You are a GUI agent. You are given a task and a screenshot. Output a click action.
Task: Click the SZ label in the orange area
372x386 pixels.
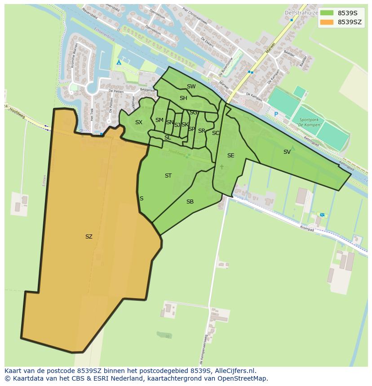(89, 236)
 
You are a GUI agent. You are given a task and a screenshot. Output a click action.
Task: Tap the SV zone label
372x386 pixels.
(287, 152)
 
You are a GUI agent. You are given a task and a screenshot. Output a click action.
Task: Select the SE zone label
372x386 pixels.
(230, 156)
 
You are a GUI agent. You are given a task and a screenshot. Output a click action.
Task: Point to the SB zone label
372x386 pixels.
(190, 202)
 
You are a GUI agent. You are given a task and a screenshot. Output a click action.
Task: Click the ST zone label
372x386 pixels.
(168, 176)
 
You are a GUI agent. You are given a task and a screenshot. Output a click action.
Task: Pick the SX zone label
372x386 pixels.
(138, 122)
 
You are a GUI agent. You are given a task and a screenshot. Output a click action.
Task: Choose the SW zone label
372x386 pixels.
(191, 87)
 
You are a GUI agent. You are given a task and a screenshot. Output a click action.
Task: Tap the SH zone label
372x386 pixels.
(183, 98)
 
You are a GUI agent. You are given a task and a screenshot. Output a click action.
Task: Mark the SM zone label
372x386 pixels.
(159, 120)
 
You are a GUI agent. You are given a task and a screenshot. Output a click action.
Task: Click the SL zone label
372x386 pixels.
(168, 138)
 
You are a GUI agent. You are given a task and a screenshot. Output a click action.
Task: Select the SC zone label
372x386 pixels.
(215, 133)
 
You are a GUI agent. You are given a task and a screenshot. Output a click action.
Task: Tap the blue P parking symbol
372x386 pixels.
(276, 114)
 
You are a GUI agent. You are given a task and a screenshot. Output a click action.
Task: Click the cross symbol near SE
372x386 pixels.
(221, 167)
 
